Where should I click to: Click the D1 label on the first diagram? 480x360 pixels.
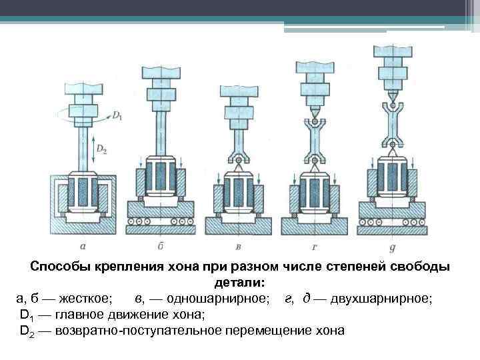click(117, 117)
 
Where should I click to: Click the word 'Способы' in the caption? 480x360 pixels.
click(60, 267)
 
